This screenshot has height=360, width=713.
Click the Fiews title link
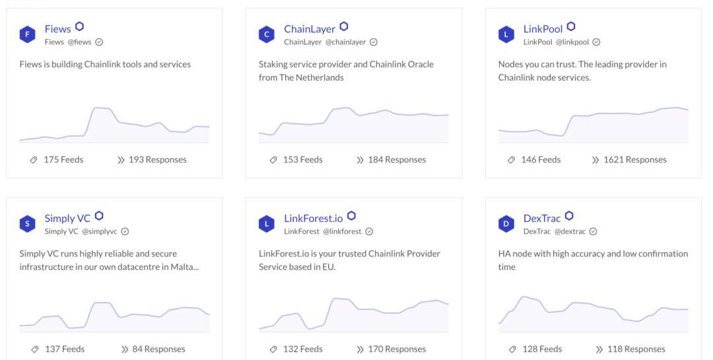[x=57, y=28]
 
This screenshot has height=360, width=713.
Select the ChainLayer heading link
[x=310, y=28]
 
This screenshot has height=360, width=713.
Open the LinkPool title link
[x=543, y=28]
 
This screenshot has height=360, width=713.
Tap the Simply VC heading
[x=67, y=218]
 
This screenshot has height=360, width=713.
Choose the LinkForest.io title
[x=314, y=218]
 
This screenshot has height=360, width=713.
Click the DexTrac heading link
[x=542, y=218]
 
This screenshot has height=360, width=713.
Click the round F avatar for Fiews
[x=27, y=34]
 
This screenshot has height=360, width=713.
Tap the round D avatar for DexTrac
[x=506, y=224]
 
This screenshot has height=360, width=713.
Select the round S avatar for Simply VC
[x=27, y=224]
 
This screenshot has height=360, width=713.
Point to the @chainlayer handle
[x=345, y=42]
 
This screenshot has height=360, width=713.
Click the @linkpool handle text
[x=572, y=42]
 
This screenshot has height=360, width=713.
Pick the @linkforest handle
[x=342, y=232]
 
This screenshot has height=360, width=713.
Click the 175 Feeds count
[x=63, y=160]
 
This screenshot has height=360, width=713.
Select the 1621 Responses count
[x=634, y=160]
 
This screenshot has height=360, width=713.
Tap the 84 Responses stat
[x=158, y=349]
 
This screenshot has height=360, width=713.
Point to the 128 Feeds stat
[x=542, y=349]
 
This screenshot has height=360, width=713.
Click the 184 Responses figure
[x=397, y=160]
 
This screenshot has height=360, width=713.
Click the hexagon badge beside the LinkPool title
[x=571, y=26]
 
